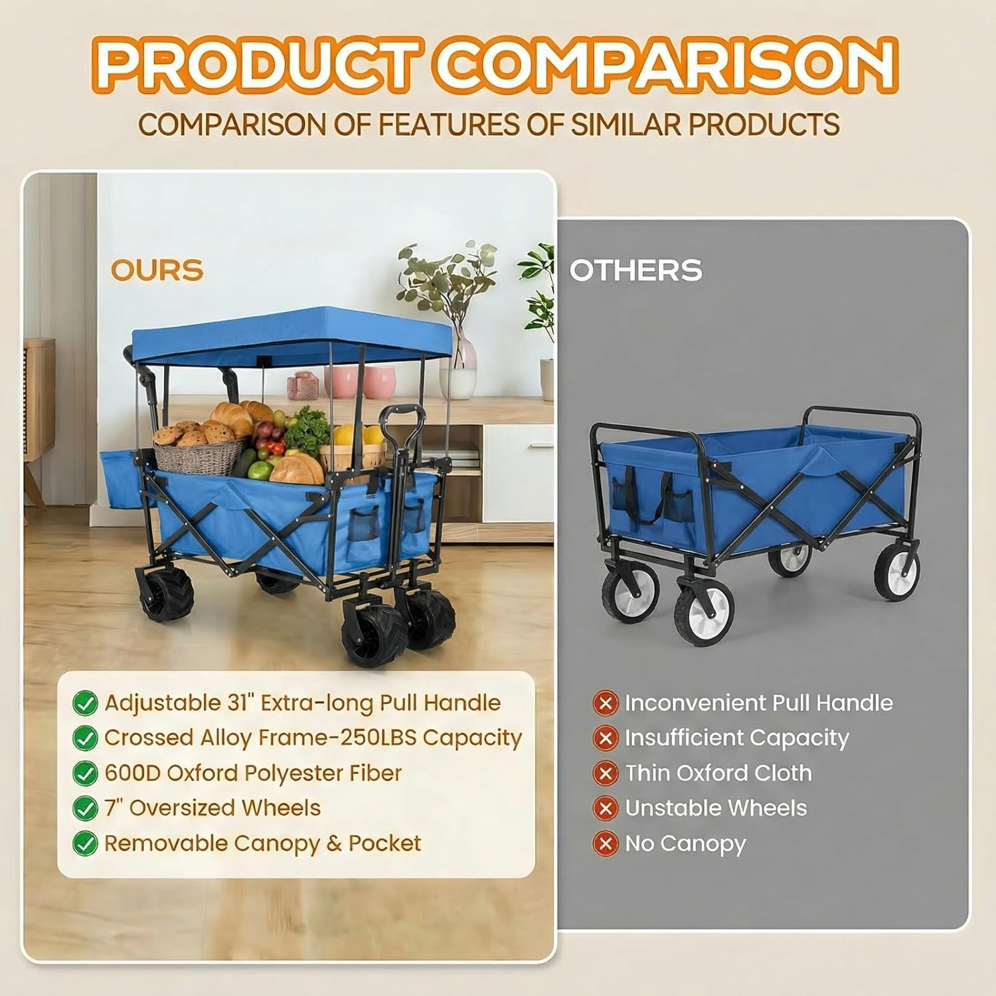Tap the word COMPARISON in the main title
pos(667,64)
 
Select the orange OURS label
pos(157,270)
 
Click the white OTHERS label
pos(635,270)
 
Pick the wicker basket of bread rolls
pos(198,452)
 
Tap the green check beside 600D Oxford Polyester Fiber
pos(85,774)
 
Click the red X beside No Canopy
pos(605,843)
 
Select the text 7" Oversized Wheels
pos(212,808)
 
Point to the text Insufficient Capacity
pos(736,738)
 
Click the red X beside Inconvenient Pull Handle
pos(605,703)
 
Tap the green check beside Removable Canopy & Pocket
pos(85,843)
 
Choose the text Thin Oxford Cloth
pos(718,773)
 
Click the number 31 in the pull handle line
pos(236,703)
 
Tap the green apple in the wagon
pos(260,469)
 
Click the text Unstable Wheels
pos(716,808)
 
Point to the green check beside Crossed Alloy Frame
pos(85,738)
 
